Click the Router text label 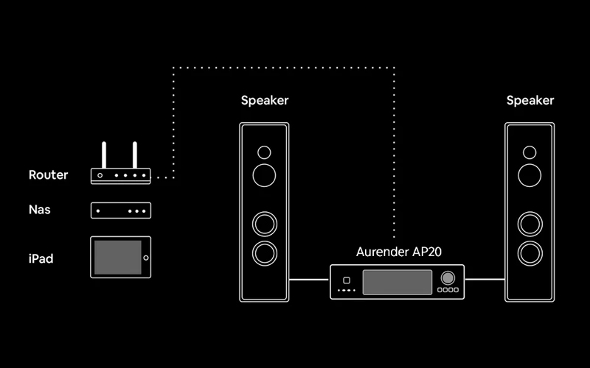click(x=48, y=175)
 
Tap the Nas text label click(x=39, y=210)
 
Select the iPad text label click(x=41, y=258)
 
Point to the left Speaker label click(x=265, y=100)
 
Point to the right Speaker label click(x=530, y=100)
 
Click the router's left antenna click(x=105, y=155)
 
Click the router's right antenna click(x=135, y=155)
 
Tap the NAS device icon click(x=120, y=210)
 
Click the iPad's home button click(x=145, y=257)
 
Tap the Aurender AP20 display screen click(x=396, y=280)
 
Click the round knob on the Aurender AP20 click(x=448, y=278)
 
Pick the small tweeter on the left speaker click(x=264, y=153)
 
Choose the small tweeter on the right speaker click(x=530, y=153)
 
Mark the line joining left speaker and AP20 click(x=309, y=280)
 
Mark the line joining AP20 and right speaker click(x=484, y=280)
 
